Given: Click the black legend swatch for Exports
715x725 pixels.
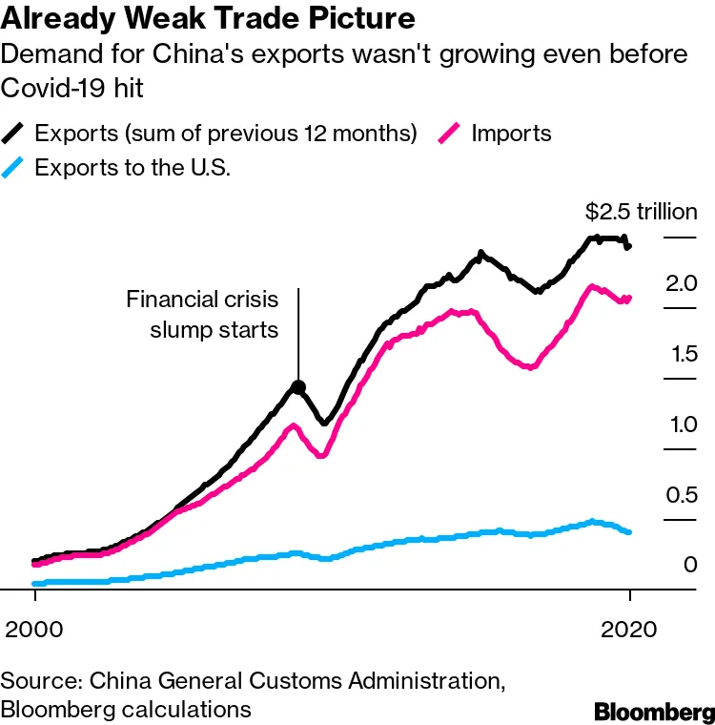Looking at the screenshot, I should [15, 132].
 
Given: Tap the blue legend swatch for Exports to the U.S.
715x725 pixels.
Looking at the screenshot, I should [15, 167].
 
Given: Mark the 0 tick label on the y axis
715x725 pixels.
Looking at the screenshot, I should [690, 565].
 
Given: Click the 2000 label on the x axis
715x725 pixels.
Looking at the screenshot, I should [34, 630].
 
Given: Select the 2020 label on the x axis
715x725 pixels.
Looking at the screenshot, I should [630, 630].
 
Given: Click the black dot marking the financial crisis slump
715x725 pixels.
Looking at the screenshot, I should [298, 387].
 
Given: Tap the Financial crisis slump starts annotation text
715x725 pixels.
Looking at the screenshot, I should [202, 315].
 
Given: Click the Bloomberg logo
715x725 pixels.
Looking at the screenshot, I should [653, 712].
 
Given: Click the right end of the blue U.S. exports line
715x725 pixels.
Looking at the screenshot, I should [629, 531].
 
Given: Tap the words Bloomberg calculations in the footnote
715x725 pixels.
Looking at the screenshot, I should [126, 710].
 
